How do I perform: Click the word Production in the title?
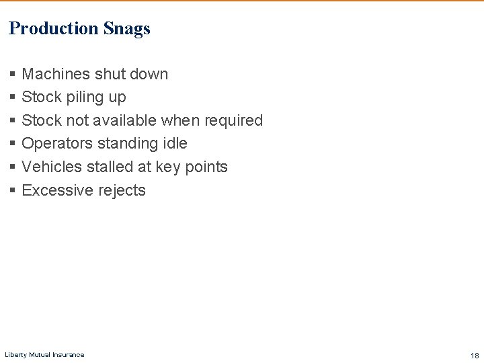pyautogui.click(x=54, y=28)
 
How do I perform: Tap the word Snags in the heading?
pyautogui.click(x=127, y=29)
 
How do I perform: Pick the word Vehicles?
pyautogui.click(x=52, y=167)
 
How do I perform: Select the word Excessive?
pyautogui.click(x=57, y=190)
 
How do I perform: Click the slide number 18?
pyautogui.click(x=475, y=356)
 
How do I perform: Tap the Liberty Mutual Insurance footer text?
pyautogui.click(x=44, y=355)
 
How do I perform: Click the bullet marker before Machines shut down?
pyautogui.click(x=13, y=75)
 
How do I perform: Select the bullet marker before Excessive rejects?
pyautogui.click(x=13, y=191)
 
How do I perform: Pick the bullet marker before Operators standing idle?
pyautogui.click(x=13, y=144)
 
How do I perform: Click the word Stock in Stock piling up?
pyautogui.click(x=42, y=97)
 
